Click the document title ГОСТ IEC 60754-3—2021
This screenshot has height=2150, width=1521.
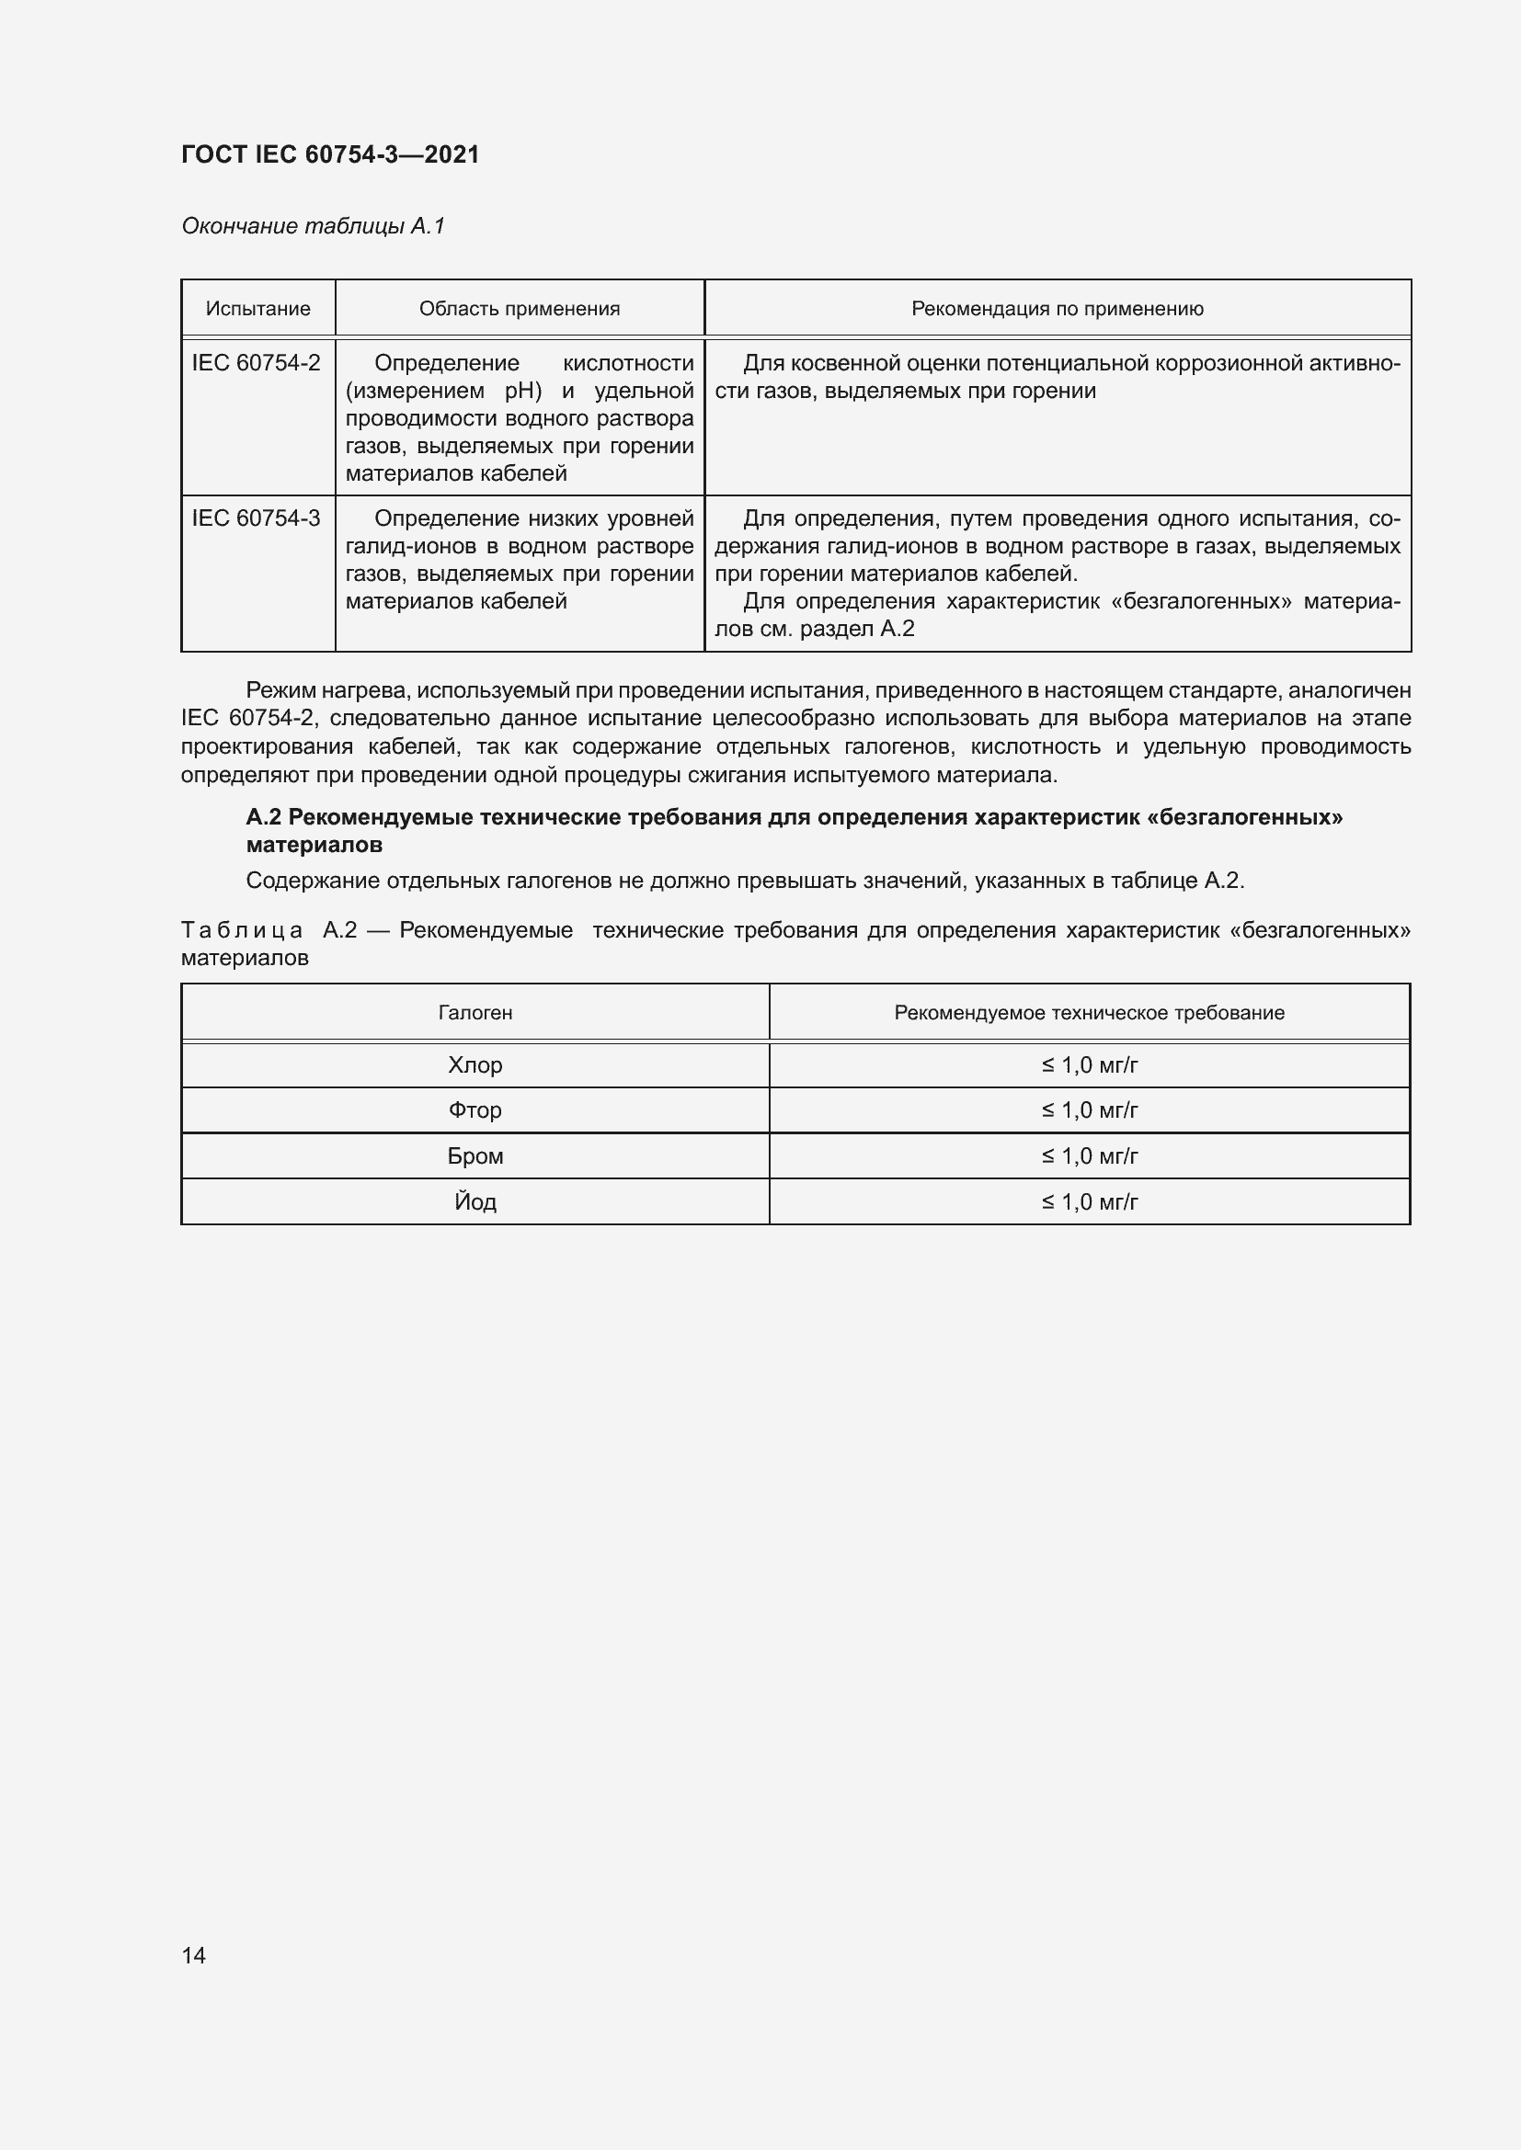(330, 154)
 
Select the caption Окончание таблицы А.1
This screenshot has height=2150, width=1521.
(313, 226)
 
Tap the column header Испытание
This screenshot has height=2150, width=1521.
(257, 309)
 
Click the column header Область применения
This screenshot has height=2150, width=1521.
(519, 309)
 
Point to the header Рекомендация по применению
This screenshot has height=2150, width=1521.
(1057, 309)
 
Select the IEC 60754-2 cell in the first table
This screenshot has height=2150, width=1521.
(256, 363)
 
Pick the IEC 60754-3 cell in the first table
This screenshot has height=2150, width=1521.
(256, 518)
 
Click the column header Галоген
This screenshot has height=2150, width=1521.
(475, 1012)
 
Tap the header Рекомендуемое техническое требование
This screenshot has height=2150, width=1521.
(1088, 1012)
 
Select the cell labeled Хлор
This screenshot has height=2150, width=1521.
(475, 1064)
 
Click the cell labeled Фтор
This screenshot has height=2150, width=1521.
(475, 1110)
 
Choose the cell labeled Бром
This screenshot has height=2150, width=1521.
(475, 1156)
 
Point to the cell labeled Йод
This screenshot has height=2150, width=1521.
(475, 1202)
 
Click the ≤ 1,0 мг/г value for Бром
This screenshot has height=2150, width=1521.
(1089, 1156)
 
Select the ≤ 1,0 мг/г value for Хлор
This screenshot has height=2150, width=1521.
(1089, 1064)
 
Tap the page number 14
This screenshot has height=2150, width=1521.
(193, 1955)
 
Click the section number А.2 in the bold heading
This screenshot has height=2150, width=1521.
(263, 817)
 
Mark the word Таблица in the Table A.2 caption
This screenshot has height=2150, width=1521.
(242, 931)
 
